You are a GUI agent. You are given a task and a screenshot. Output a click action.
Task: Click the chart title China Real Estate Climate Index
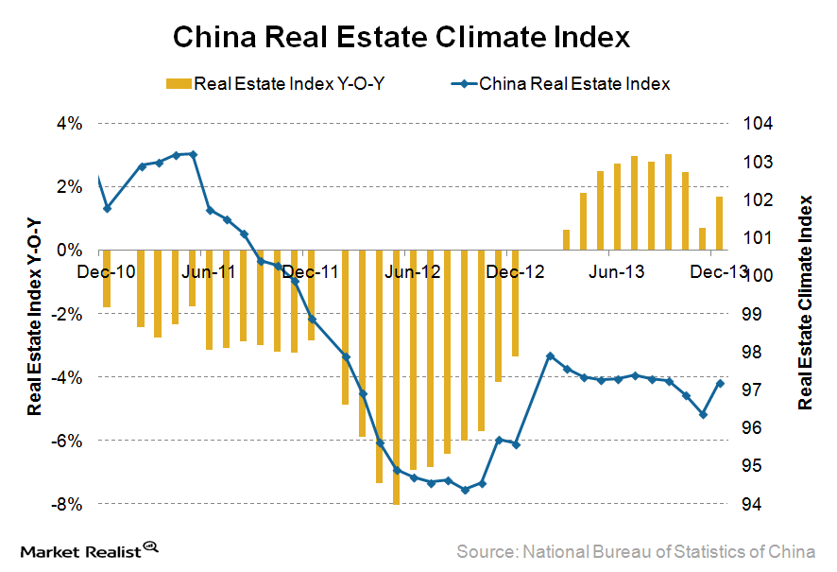(401, 37)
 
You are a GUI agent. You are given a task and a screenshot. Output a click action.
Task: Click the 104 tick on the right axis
(758, 124)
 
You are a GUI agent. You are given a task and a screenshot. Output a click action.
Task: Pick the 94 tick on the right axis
(754, 504)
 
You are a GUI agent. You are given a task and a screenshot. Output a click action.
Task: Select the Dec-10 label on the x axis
(102, 271)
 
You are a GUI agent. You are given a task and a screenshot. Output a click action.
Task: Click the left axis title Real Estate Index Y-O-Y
(35, 314)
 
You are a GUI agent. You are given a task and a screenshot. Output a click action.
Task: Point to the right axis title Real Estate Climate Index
(805, 303)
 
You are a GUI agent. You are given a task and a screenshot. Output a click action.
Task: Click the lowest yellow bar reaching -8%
(396, 378)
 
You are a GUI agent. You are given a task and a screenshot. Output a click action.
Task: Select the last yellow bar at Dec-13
(720, 224)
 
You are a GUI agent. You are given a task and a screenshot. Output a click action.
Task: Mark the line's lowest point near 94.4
(465, 490)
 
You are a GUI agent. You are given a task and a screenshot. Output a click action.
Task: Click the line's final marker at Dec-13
(721, 383)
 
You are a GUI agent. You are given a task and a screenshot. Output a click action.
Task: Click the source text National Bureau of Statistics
(635, 550)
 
